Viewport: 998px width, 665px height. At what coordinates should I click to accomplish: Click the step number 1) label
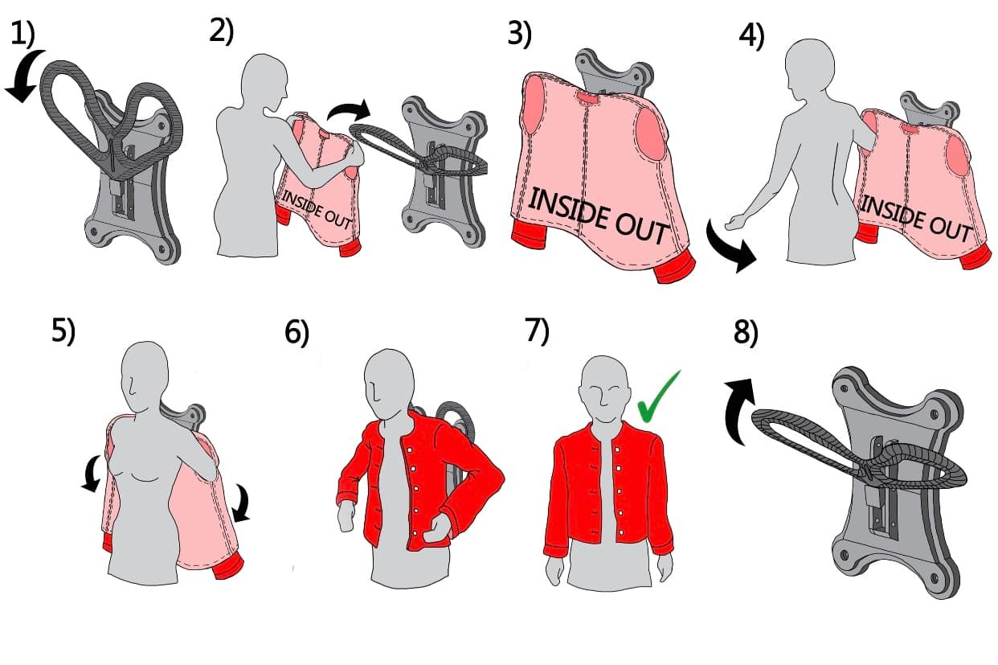click(x=22, y=35)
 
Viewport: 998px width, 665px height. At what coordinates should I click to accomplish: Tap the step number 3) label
click(x=520, y=34)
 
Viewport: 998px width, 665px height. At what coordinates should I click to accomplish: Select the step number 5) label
click(x=63, y=331)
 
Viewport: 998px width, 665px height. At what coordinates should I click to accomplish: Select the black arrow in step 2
click(x=349, y=109)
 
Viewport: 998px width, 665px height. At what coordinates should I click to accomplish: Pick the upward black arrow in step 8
click(x=739, y=411)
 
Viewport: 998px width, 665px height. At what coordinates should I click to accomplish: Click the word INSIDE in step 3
click(x=566, y=209)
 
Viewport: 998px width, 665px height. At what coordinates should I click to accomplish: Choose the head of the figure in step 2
click(x=264, y=81)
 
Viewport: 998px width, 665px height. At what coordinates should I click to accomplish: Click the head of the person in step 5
click(x=145, y=376)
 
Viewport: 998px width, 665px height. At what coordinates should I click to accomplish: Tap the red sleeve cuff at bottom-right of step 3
click(x=674, y=267)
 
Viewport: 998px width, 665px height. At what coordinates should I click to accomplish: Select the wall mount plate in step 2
click(x=444, y=171)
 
